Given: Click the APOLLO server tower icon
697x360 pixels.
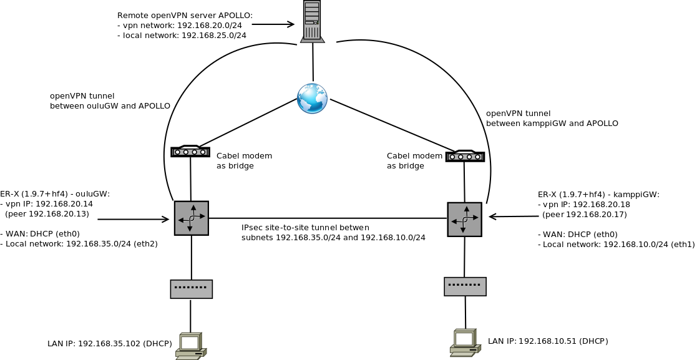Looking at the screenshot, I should pyautogui.click(x=312, y=22).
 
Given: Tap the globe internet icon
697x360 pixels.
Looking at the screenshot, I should pyautogui.click(x=312, y=99).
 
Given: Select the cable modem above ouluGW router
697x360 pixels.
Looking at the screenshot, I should pyautogui.click(x=190, y=151).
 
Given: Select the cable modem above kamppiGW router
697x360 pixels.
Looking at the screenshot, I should pyautogui.click(x=465, y=156).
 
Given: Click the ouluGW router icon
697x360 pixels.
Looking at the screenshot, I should pyautogui.click(x=192, y=218).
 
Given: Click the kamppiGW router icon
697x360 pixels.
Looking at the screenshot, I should pyautogui.click(x=464, y=219).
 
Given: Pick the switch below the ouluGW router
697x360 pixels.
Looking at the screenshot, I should pyautogui.click(x=192, y=289).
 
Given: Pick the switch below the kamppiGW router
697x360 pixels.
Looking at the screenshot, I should pyautogui.click(x=465, y=286).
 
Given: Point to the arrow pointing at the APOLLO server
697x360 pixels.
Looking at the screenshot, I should pyautogui.click(x=273, y=25).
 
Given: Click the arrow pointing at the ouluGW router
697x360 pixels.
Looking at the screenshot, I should pyautogui.click(x=134, y=220).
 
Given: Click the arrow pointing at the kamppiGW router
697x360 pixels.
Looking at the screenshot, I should pyautogui.click(x=514, y=217).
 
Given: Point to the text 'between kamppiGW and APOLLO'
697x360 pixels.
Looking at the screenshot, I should pyautogui.click(x=552, y=124).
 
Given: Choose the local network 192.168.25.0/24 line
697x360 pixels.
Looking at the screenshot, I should pyautogui.click(x=182, y=36).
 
